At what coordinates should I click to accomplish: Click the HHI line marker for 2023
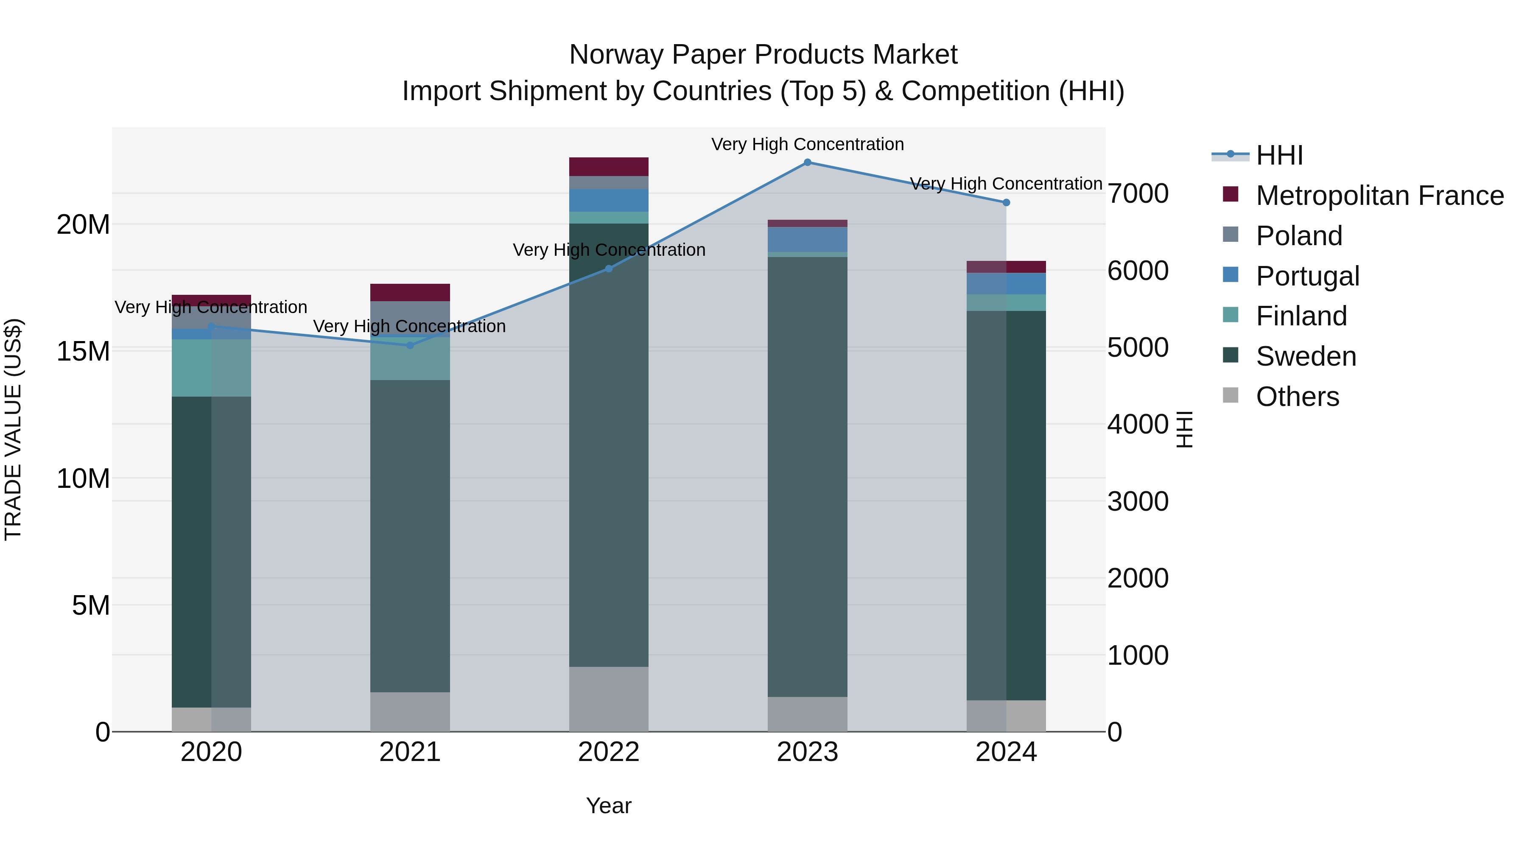tap(807, 162)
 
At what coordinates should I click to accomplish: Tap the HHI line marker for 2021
tap(410, 345)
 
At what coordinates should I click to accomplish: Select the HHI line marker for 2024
tap(1006, 203)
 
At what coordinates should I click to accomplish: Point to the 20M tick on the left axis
tap(83, 225)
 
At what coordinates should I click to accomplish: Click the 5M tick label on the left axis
tap(91, 605)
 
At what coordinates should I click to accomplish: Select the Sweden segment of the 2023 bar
tap(807, 474)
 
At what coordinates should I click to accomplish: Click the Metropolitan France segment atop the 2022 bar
tap(609, 167)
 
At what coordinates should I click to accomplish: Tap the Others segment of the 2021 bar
tap(410, 711)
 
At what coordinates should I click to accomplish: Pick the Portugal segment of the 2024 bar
tap(1006, 283)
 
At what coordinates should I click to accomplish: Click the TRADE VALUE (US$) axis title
tap(13, 429)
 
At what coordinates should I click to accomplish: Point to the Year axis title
tap(609, 806)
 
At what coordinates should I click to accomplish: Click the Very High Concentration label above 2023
tap(807, 144)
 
